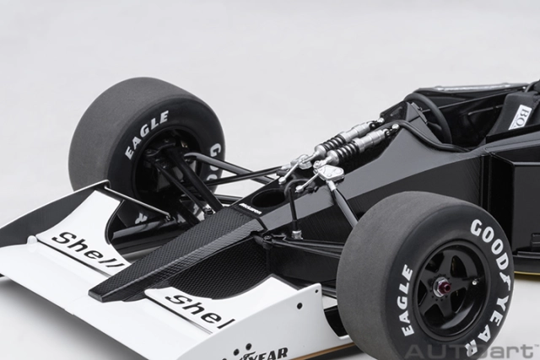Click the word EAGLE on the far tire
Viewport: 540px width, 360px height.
[145, 134]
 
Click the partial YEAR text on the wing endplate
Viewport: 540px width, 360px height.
[267, 352]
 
